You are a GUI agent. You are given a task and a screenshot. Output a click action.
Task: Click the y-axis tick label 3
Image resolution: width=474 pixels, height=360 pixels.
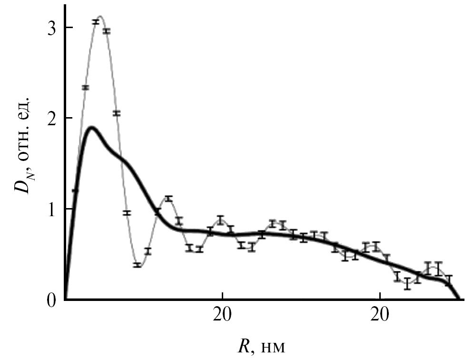click(x=46, y=28)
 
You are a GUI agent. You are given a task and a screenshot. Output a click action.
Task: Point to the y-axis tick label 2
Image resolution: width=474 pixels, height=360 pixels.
click(x=46, y=118)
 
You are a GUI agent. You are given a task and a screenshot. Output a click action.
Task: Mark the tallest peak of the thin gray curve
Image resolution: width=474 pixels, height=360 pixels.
click(x=100, y=16)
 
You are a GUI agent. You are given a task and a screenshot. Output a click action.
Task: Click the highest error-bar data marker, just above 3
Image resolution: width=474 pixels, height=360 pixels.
click(x=96, y=22)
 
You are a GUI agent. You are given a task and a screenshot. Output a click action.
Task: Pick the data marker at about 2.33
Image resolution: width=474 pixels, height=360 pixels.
click(x=86, y=88)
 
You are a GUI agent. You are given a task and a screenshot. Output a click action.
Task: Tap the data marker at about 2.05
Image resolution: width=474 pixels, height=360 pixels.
click(x=117, y=113)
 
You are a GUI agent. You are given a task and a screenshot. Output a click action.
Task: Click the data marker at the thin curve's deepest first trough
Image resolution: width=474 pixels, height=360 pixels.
click(x=138, y=265)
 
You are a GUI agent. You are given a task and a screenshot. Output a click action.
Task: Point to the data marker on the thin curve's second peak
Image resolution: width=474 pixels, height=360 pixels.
click(x=168, y=198)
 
